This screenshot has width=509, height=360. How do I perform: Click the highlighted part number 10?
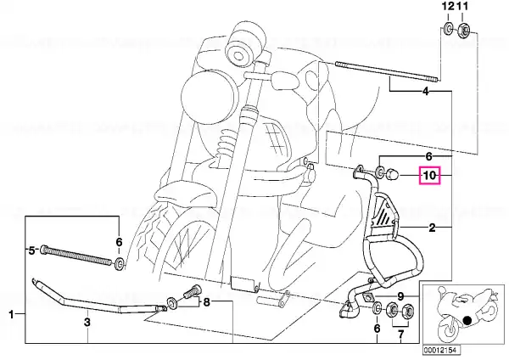pos(430,176)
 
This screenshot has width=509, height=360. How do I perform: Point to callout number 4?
pos(426,92)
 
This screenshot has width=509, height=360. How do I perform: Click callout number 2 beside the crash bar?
pos(432,228)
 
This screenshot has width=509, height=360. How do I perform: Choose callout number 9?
pos(400,296)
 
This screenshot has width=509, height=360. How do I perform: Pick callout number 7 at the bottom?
pos(400,334)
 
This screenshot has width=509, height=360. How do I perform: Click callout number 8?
pos(207,302)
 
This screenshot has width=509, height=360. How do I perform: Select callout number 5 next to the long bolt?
pos(31,250)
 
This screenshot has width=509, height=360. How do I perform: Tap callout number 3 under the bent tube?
pos(87,323)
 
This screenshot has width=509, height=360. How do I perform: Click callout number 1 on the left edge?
pos(11,314)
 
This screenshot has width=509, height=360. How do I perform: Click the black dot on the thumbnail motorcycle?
pos(467,320)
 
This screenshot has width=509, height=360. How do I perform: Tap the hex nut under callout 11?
pos(463,31)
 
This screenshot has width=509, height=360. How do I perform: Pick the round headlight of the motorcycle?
pos(205,97)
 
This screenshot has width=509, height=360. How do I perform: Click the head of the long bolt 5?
pos(44,250)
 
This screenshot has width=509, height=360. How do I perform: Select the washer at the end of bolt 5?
pos(120,264)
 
